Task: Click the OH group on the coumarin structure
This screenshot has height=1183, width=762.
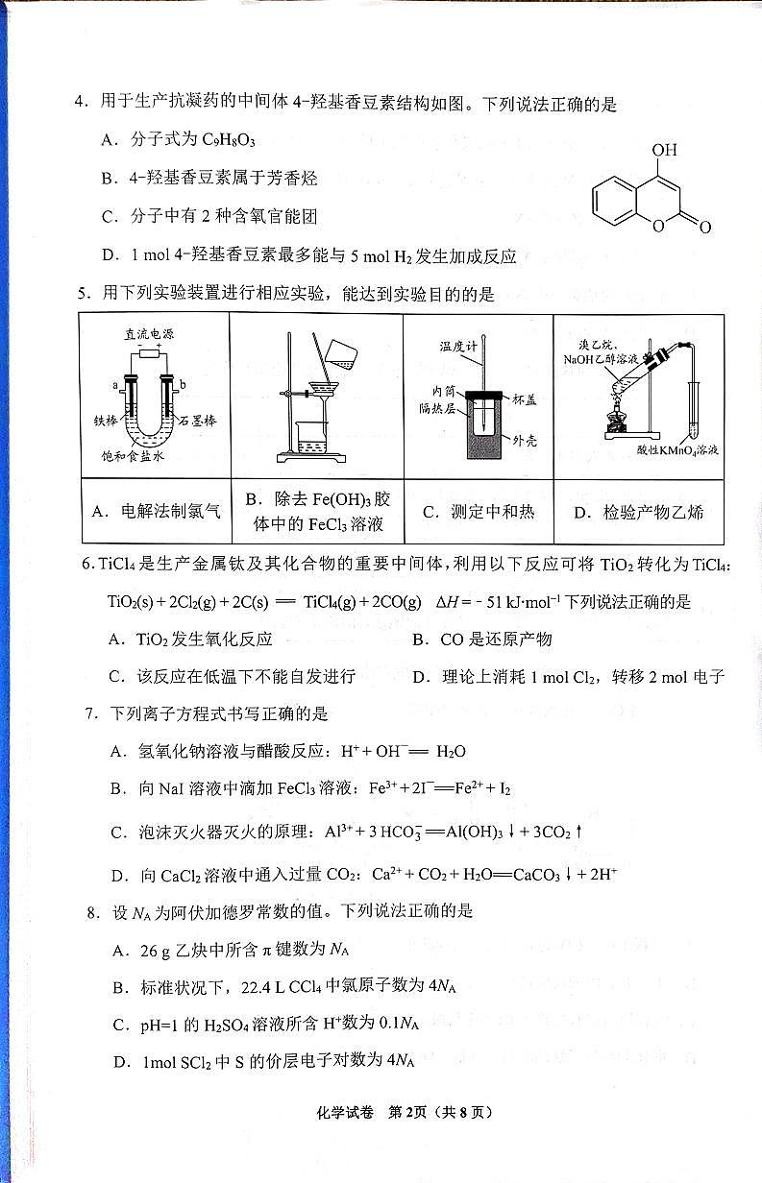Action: click(x=664, y=151)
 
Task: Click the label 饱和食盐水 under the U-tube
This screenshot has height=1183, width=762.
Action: click(x=135, y=456)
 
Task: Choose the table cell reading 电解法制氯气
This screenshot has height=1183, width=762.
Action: click(x=156, y=511)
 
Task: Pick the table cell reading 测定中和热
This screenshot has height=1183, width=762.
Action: click(x=478, y=511)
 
